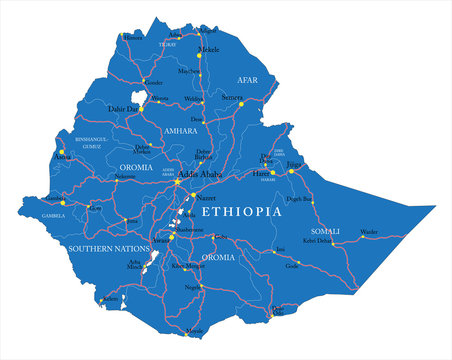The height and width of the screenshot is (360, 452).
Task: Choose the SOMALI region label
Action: pos(326,231)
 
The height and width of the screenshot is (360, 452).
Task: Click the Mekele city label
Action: pos(208,48)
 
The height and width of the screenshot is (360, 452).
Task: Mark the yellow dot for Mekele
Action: pos(200,54)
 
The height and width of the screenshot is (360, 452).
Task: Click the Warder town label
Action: pos(369,231)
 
